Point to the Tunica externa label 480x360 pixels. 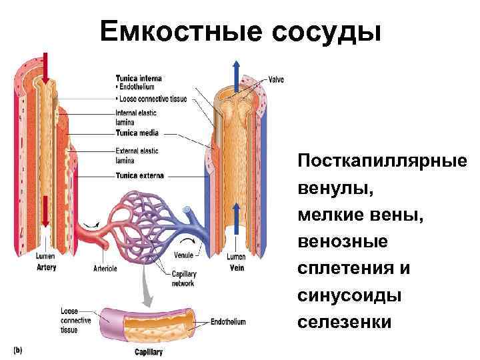coord(139,176)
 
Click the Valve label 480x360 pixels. coord(276,79)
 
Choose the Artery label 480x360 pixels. coord(47,267)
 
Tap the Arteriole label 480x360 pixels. coord(105,269)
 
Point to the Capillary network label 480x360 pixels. coord(183,279)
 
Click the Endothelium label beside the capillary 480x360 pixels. coord(228,322)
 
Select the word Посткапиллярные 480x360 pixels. coord(383,162)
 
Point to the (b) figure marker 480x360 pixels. coord(18,349)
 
